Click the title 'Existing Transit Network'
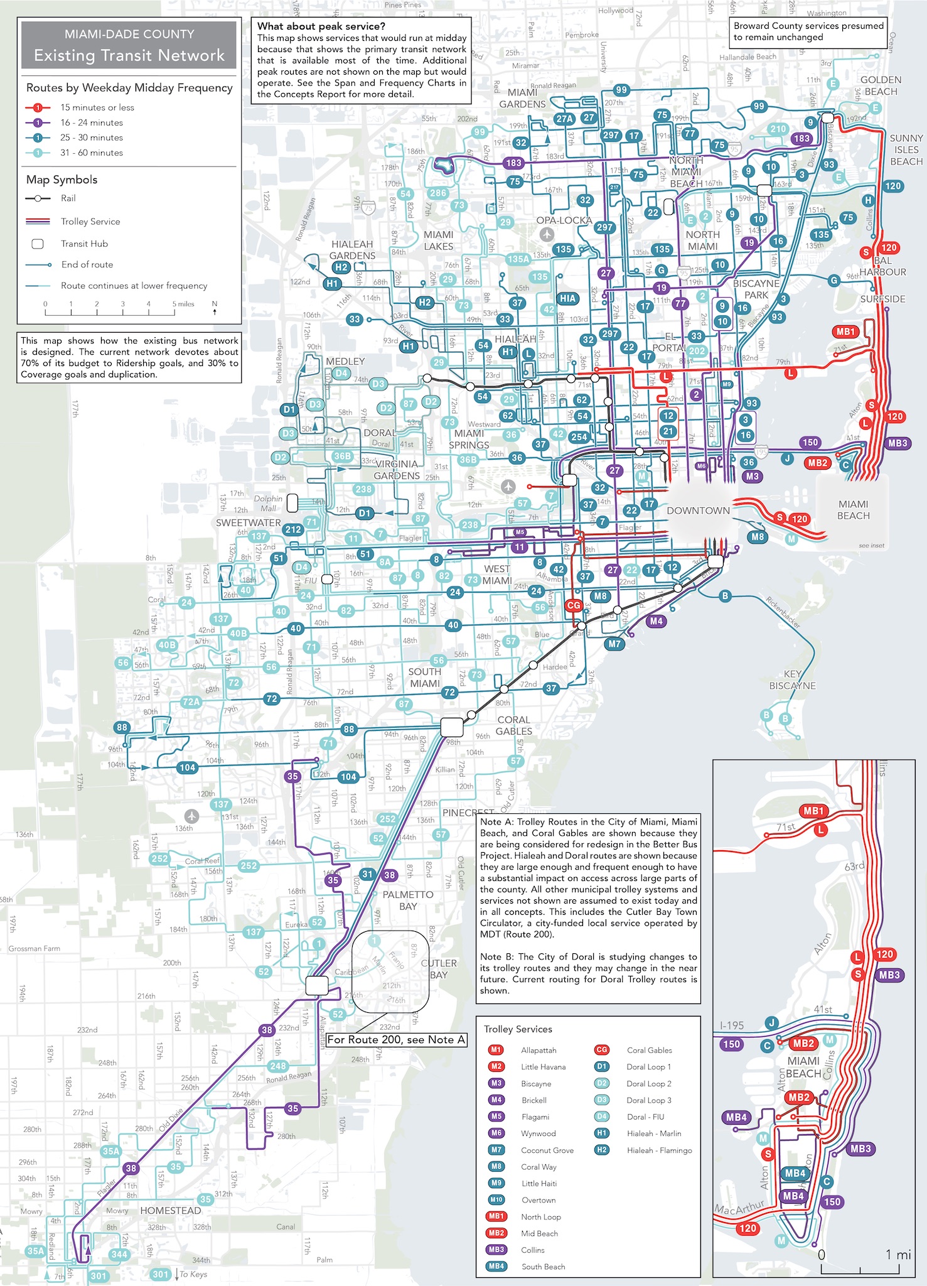click(x=129, y=55)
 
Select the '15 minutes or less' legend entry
click(x=97, y=107)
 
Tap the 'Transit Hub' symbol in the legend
click(x=38, y=244)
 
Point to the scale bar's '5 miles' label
click(x=183, y=304)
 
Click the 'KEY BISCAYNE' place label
click(x=792, y=679)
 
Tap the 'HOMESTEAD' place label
click(x=171, y=1210)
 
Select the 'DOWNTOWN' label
click(x=698, y=511)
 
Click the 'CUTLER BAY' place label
click(x=439, y=969)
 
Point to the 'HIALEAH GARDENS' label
click(x=352, y=250)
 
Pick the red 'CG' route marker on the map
click(x=574, y=605)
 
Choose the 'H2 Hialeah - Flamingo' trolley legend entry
click(x=645, y=1150)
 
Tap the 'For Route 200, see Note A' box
click(x=396, y=1039)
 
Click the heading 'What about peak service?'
click(x=321, y=26)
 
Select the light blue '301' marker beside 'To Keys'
click(x=161, y=1274)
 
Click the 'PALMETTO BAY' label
click(x=408, y=900)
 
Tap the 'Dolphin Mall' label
click(x=268, y=503)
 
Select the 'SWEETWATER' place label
click(x=248, y=522)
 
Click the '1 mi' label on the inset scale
click(x=898, y=1255)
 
